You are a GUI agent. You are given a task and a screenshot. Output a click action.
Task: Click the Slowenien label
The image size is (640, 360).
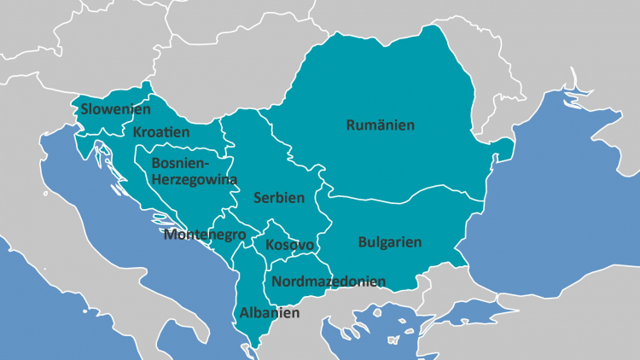point(116,110)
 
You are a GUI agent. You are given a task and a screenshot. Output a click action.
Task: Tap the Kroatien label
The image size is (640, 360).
point(161,133)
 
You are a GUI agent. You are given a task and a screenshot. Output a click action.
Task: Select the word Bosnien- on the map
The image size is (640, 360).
point(180,162)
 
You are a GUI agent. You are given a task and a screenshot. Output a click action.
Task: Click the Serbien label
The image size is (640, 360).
point(279,198)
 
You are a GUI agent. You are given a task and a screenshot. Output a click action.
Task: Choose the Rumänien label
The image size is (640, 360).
point(381,125)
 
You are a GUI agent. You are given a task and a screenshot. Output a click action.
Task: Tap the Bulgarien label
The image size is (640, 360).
point(390,242)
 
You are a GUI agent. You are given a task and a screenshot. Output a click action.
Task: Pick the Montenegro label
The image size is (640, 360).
point(205,235)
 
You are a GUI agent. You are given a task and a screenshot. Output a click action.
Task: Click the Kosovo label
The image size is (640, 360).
point(290,246)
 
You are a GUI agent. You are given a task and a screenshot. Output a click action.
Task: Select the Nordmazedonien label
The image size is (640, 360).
point(329,281)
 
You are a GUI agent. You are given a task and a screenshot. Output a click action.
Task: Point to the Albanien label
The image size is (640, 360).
point(270,313)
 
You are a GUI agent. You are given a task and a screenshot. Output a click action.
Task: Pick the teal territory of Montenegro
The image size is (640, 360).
point(224,224)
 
